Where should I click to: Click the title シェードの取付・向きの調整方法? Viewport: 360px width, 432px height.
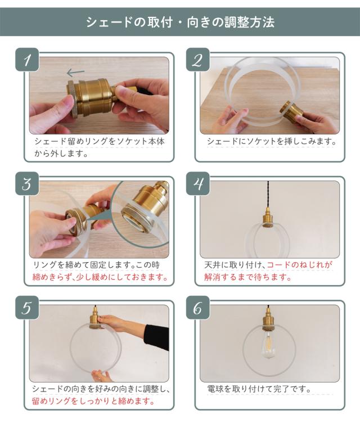click(180, 22)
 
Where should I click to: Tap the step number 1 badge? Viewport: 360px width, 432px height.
click(27, 60)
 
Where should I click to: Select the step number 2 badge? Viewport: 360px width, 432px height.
click(198, 60)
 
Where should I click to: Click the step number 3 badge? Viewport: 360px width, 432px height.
click(27, 183)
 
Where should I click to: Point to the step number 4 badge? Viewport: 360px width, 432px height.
click(198, 183)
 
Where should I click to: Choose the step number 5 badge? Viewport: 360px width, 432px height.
click(27, 308)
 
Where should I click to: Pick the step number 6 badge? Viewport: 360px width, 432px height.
click(198, 308)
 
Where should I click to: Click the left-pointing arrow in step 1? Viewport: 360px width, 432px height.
click(75, 73)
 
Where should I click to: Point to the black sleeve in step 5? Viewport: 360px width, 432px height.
click(156, 337)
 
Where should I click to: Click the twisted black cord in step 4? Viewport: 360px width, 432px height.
click(268, 196)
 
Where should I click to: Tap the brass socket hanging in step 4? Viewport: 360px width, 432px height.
click(268, 218)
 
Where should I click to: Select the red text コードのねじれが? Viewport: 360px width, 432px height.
click(299, 265)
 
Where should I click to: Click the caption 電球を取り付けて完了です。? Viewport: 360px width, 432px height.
click(259, 389)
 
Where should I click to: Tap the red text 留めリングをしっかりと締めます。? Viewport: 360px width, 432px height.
click(93, 401)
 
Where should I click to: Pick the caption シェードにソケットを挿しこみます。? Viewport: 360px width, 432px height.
click(272, 141)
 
